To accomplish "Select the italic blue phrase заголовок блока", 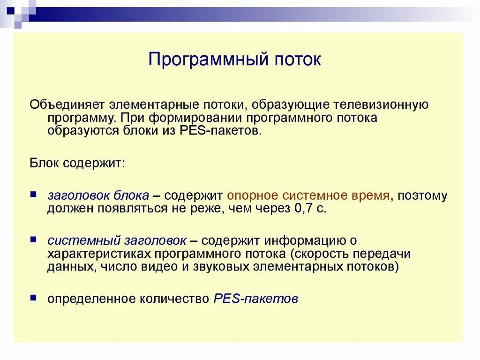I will pos(98,195).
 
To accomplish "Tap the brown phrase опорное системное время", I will pos(308,195).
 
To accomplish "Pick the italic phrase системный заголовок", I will pos(117,240).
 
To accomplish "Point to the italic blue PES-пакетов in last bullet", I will pos(255,299).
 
